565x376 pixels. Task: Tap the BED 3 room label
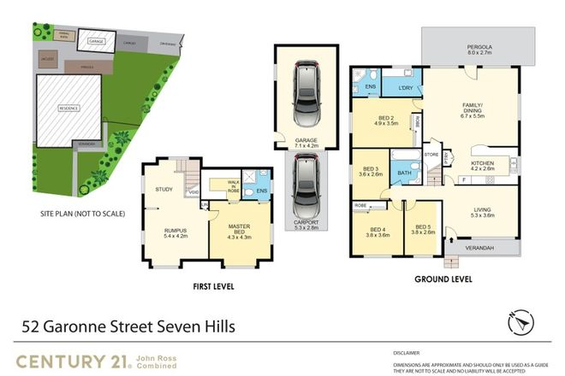(x=372, y=170)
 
